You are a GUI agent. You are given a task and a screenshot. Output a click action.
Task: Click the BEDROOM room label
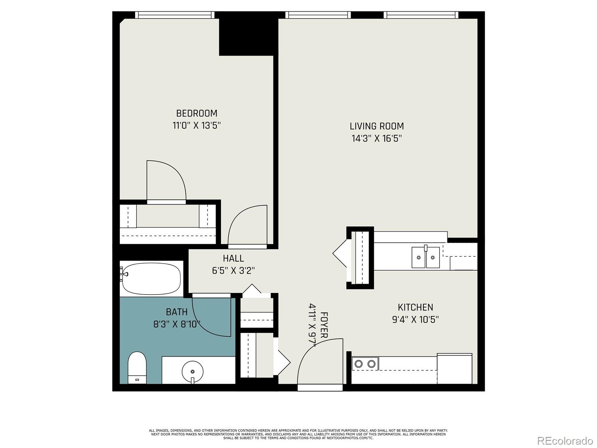[197, 113]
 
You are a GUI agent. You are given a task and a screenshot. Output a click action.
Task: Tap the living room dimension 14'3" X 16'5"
[376, 139]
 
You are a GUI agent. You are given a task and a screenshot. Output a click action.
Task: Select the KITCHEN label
[415, 307]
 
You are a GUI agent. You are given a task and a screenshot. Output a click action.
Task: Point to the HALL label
[233, 258]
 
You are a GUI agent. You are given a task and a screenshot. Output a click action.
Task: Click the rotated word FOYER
[324, 325]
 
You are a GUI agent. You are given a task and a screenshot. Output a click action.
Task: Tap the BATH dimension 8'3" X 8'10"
[177, 324]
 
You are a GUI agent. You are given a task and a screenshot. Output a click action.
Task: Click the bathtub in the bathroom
[151, 279]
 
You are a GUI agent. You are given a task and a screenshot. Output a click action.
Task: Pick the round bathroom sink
[193, 371]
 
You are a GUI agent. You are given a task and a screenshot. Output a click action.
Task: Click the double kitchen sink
[426, 257]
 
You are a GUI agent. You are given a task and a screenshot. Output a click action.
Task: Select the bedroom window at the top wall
[175, 15]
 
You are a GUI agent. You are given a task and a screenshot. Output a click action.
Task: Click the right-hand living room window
[421, 15]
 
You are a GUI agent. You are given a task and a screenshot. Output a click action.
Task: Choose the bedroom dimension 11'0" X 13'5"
[197, 125]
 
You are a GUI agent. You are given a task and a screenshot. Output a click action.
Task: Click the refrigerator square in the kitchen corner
[454, 368]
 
